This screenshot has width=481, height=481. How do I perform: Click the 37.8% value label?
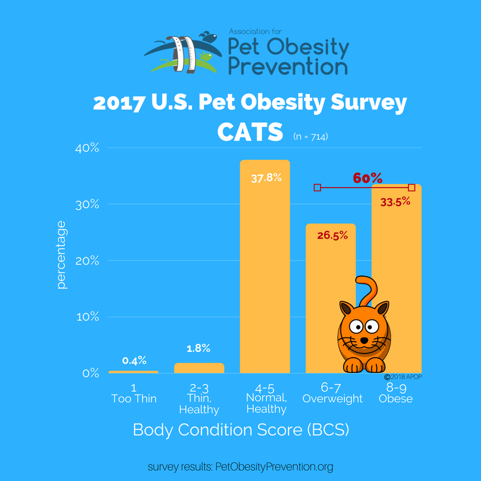265,179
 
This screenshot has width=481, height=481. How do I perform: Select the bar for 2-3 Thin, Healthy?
199,368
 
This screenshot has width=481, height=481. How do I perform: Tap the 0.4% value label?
133,361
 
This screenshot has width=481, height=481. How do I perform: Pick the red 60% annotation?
367,179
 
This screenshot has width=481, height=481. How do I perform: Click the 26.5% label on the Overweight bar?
331,235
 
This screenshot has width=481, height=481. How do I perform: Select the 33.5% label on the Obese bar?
395,201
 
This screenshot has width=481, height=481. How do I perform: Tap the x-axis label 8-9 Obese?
396,393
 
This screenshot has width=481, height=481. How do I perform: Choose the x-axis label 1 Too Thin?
133,393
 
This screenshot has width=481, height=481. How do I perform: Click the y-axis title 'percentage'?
61,254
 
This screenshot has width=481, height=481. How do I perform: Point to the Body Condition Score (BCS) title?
241,430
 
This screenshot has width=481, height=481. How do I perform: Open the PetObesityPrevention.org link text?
274,467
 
